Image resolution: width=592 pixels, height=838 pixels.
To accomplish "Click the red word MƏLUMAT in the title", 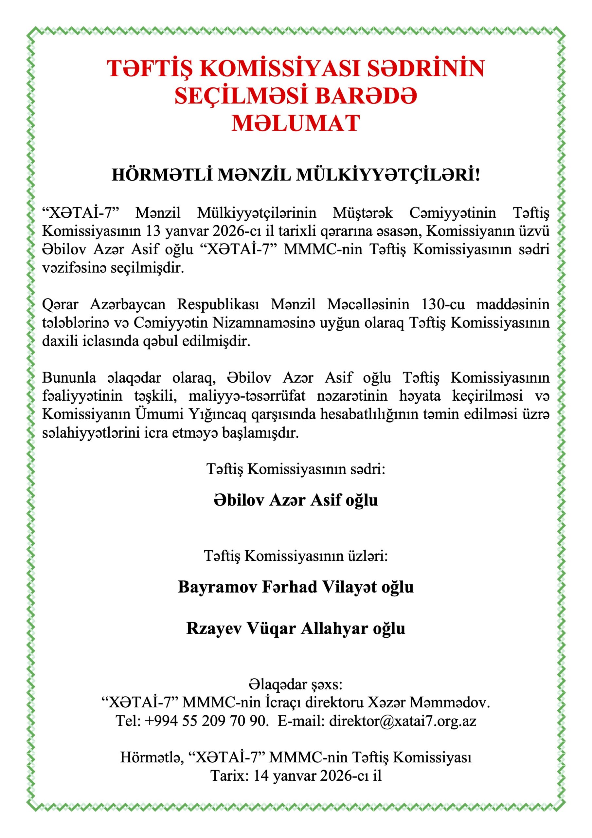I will coord(296,123).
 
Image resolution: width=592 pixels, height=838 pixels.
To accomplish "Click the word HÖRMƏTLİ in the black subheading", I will coord(162,175).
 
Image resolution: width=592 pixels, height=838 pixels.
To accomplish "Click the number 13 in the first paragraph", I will coord(153,231).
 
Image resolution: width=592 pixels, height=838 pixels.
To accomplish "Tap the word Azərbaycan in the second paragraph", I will coord(128,304).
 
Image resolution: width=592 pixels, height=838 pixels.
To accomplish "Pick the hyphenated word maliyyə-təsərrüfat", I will coord(247,396).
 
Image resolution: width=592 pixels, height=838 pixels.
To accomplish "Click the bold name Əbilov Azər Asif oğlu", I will coord(296,500).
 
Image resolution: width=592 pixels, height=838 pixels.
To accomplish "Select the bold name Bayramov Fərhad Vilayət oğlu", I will coord(296,587).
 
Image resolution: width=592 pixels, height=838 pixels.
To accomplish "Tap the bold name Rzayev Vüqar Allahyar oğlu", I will coord(296,628).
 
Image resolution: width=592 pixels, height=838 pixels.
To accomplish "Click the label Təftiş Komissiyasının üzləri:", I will coord(296,556).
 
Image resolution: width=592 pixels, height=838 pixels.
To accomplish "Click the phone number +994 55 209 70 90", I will coord(206,721).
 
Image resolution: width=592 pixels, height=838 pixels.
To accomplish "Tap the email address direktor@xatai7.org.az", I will coord(403,721).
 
